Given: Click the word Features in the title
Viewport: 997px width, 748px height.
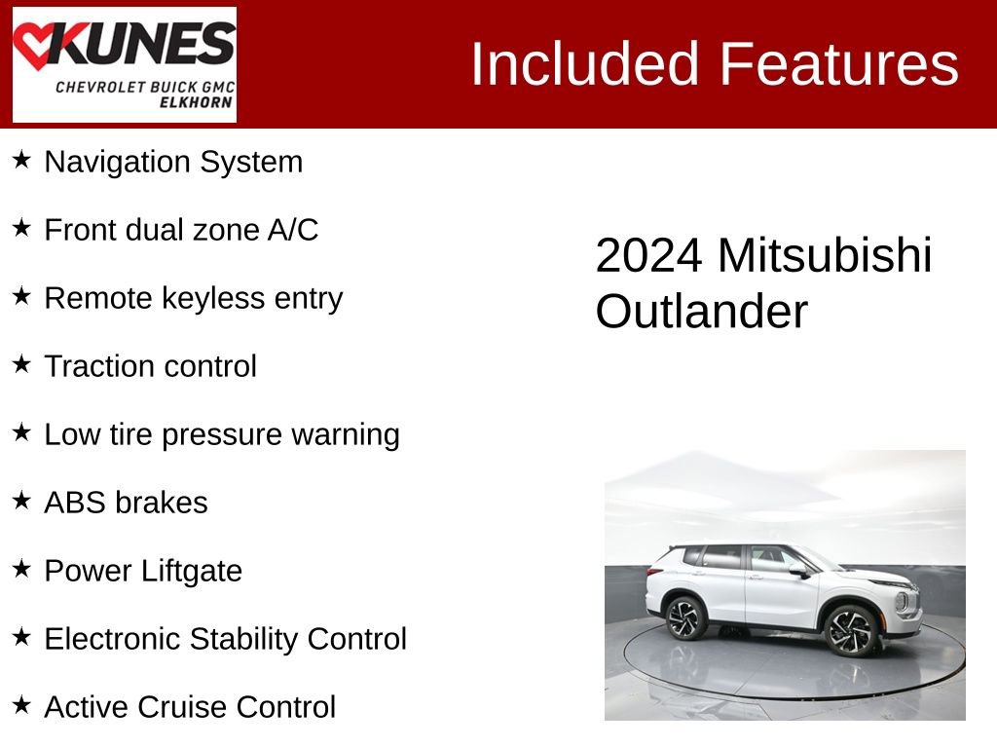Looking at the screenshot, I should pos(839,64).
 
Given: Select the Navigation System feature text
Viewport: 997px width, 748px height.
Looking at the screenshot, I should pos(173,162).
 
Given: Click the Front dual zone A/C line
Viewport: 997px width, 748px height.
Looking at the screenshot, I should pos(181,230).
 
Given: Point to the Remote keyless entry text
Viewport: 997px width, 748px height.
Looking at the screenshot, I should pos(194,298).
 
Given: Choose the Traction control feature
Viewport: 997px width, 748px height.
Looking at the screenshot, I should pos(151,366).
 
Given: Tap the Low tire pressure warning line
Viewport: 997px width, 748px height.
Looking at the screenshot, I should pos(222,434).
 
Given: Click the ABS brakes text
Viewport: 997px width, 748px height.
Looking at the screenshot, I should pos(126,503).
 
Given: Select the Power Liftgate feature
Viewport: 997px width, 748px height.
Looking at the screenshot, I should pos(143,571).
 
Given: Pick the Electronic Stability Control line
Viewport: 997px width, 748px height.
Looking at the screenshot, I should pos(225,639).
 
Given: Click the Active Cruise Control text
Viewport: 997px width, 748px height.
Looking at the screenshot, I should pos(190,707).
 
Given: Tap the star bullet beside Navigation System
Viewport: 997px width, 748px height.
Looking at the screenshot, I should pos(21,160).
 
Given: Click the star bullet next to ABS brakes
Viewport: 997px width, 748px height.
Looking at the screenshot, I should pos(21,501).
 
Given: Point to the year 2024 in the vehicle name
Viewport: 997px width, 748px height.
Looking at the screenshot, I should pos(648,256).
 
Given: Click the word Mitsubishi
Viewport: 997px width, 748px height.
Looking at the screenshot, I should pos(825,256).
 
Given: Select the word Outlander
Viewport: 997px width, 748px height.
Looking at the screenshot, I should pos(701,313).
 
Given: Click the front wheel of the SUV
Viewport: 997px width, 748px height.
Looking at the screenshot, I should pos(850,630).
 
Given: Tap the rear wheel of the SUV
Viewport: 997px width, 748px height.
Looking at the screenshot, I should pos(686,617).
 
